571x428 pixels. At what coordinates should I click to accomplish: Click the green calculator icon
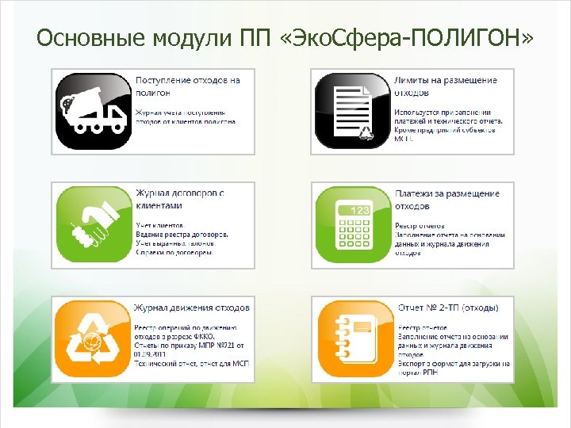[x=352, y=224]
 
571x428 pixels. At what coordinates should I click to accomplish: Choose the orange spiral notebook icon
[x=352, y=337]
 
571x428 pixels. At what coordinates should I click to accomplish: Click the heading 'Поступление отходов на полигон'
[x=188, y=86]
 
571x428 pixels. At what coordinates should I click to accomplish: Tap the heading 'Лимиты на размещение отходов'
[x=446, y=86]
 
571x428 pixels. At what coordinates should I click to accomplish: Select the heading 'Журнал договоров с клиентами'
[x=180, y=199]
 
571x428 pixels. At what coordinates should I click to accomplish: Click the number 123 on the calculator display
[x=361, y=211]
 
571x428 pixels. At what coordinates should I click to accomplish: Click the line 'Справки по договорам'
[x=174, y=254]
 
